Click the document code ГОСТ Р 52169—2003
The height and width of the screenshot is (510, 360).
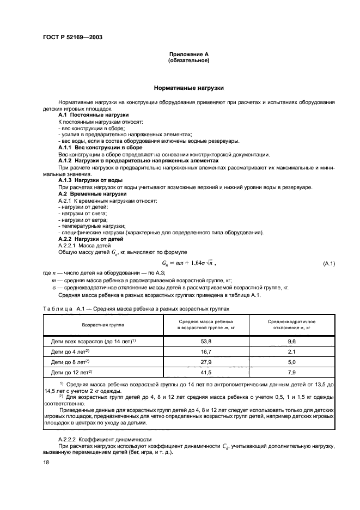point(72,37)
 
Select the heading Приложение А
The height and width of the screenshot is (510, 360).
point(188,54)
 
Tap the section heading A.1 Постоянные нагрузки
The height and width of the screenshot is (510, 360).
point(93,115)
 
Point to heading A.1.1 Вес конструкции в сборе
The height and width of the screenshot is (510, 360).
point(100,147)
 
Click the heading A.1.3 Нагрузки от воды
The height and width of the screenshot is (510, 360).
point(90,180)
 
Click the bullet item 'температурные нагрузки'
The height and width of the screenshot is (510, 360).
point(90,226)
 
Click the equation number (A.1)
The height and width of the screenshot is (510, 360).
point(328,264)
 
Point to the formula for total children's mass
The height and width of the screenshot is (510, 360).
point(188,263)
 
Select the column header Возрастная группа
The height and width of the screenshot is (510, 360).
point(102,324)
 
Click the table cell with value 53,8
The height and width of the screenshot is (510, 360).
point(206,342)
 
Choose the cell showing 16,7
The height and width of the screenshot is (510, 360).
point(206,352)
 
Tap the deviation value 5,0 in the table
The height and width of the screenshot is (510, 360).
point(291,362)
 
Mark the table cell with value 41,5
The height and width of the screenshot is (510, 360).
point(206,372)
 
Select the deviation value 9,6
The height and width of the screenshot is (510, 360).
point(291,342)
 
